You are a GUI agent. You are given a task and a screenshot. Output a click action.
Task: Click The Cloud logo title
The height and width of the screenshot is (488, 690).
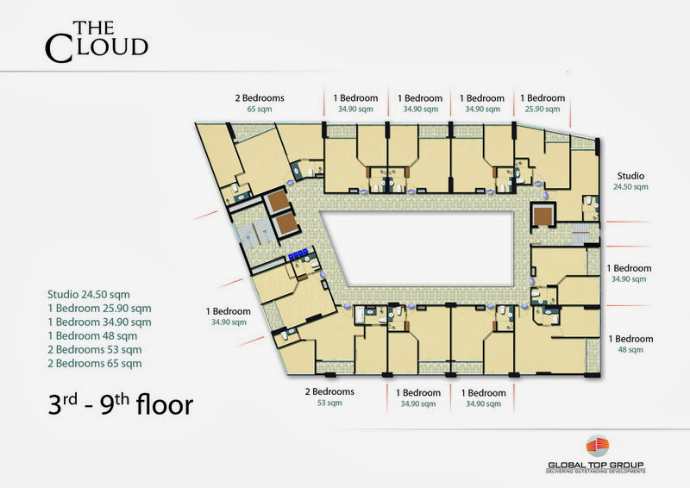point(97,41)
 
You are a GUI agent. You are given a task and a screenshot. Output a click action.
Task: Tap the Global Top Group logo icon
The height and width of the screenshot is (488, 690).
point(597,447)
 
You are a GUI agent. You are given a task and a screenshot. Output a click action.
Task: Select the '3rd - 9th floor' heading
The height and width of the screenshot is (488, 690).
point(120,404)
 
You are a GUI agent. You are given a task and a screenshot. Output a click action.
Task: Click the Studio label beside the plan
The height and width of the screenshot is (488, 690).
point(630,181)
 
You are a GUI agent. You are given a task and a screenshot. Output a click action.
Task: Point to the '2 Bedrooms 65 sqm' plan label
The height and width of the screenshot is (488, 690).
point(260,103)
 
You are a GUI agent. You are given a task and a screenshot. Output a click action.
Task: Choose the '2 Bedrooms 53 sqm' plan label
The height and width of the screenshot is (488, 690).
point(329,397)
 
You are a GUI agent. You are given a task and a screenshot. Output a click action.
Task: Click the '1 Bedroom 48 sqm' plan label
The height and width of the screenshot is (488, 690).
point(630,344)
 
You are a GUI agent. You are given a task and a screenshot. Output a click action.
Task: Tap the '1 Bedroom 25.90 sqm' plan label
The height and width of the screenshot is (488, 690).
point(543,103)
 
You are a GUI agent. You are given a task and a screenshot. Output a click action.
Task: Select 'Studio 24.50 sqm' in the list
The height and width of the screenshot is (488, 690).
point(89,294)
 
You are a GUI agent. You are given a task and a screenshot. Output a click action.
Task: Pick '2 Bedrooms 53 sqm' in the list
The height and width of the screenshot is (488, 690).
point(95,350)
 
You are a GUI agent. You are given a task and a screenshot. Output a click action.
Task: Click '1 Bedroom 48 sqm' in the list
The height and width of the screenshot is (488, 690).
point(92,335)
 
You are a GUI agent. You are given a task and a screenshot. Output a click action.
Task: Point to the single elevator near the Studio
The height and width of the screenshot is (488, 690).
point(543,215)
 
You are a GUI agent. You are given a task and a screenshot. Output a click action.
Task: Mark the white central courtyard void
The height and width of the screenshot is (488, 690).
point(418,247)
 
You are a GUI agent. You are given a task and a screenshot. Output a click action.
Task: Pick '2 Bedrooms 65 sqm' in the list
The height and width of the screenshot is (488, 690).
point(95,364)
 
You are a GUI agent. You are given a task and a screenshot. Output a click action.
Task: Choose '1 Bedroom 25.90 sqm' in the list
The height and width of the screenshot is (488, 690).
point(99,309)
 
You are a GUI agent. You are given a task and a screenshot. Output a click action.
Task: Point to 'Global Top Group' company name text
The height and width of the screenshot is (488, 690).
point(596,465)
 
